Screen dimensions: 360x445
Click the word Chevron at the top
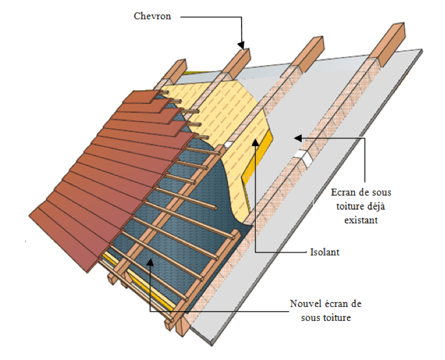(152, 16)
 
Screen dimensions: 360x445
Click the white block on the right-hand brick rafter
(303, 156)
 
